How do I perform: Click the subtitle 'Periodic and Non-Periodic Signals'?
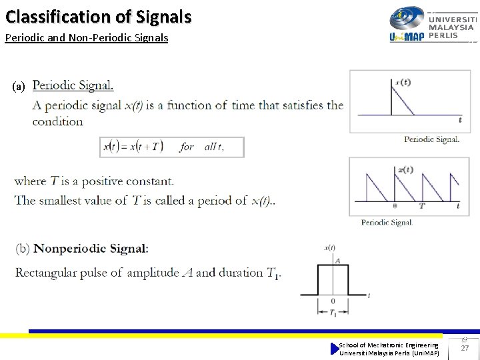coord(87,38)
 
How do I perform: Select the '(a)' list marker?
coord(19,86)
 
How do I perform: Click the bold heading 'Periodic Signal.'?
coord(73,85)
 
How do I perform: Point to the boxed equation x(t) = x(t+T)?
coord(172,147)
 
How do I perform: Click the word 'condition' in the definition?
coord(58,121)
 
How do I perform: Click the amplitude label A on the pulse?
coord(337,260)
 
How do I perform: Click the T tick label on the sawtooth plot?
coord(421,206)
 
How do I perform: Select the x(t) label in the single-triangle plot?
coord(403,83)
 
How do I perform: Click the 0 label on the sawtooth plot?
coord(395,206)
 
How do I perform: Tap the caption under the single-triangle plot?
coord(431,139)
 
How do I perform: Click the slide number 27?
coord(465,348)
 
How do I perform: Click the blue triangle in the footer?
coord(335,349)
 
